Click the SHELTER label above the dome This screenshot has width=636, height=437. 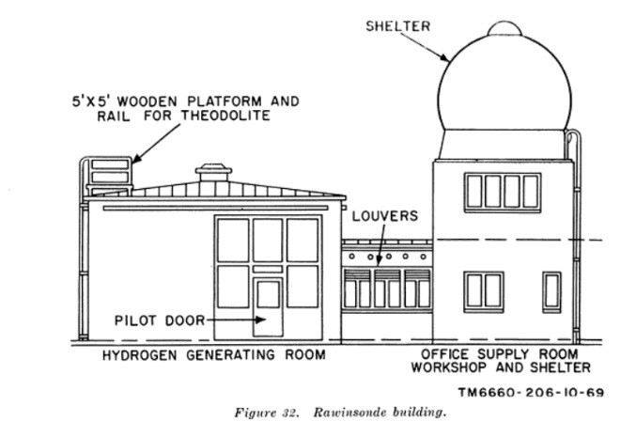(x=397, y=26)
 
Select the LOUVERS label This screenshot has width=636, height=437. (x=385, y=216)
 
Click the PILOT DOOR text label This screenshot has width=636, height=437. (x=155, y=320)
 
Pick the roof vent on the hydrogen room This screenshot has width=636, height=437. (x=210, y=175)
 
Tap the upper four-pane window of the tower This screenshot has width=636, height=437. (x=504, y=192)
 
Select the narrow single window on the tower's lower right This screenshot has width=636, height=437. (x=551, y=291)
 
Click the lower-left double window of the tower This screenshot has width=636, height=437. (x=485, y=291)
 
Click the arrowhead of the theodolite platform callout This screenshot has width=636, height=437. (x=134, y=161)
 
